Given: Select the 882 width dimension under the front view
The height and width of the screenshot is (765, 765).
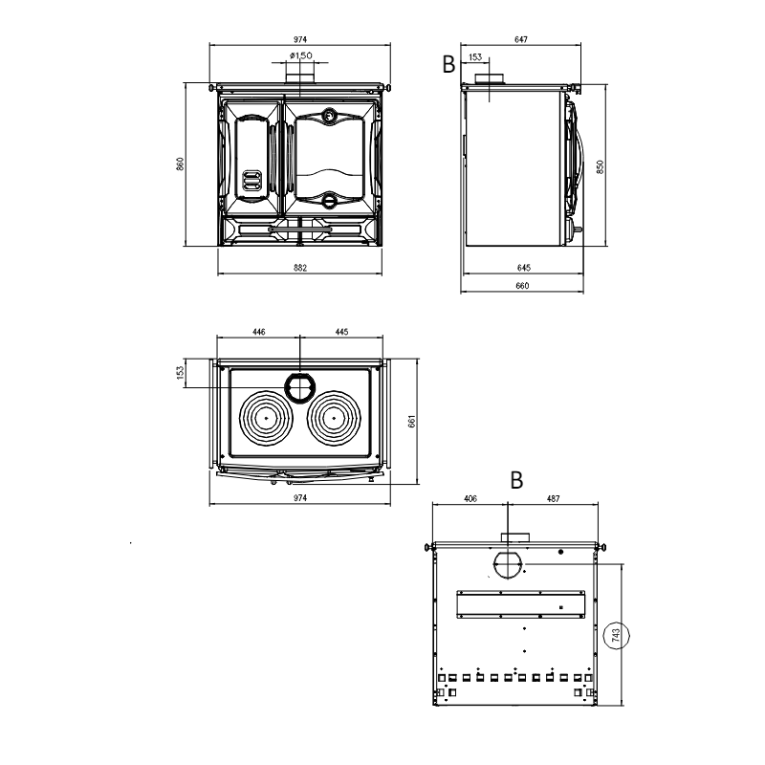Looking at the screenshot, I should point(300,268).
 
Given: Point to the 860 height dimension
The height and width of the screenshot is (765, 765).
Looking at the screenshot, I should point(180,164).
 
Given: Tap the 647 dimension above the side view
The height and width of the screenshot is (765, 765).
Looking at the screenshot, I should point(521,39).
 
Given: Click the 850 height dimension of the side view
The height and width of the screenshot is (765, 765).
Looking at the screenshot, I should point(601,165).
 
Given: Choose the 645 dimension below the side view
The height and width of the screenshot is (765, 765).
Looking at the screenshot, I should point(523,268).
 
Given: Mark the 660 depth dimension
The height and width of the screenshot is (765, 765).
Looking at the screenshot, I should point(523,285).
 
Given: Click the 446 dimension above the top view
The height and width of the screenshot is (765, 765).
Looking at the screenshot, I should point(258,331).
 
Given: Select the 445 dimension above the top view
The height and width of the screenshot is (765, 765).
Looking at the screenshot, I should point(341,331).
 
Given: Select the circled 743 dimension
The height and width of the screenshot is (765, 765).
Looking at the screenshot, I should point(617,634).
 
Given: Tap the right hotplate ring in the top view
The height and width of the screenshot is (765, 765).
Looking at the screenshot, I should point(332,418).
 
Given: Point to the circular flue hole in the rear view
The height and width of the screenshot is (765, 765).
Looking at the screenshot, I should point(509,565).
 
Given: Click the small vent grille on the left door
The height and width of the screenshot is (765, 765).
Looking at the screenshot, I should point(251,181).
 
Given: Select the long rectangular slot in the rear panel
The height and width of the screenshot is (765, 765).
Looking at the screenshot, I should point(522,601).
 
